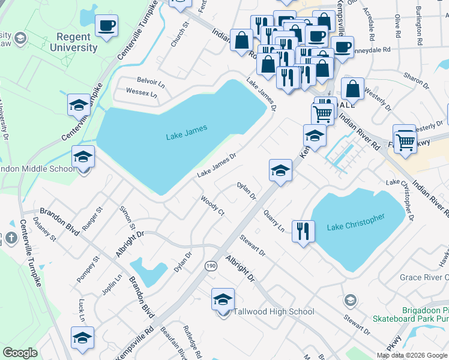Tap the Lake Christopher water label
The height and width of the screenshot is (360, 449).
coord(355,223)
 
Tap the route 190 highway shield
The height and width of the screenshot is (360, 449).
coord(211,266)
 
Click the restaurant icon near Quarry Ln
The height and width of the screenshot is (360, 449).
coord(303,231)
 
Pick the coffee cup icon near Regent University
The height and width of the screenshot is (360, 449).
coord(106,26)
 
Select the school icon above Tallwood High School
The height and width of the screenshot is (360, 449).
coord(223,299)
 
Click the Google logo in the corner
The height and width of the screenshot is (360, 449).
coord(20,353)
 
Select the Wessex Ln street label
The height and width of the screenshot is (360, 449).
coord(141,93)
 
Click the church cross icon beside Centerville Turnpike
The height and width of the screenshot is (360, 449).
coord(11,238)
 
